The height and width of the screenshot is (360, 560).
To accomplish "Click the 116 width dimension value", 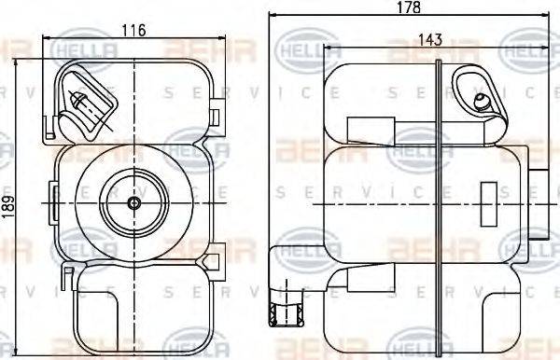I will click(x=133, y=31).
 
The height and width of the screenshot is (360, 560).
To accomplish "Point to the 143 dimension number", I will click(x=430, y=40).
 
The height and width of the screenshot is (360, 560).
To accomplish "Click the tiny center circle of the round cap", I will click(x=133, y=202).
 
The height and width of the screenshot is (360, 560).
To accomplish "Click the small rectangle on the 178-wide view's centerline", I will click(x=489, y=201).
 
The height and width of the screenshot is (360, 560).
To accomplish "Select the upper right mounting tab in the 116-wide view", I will click(x=216, y=117).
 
